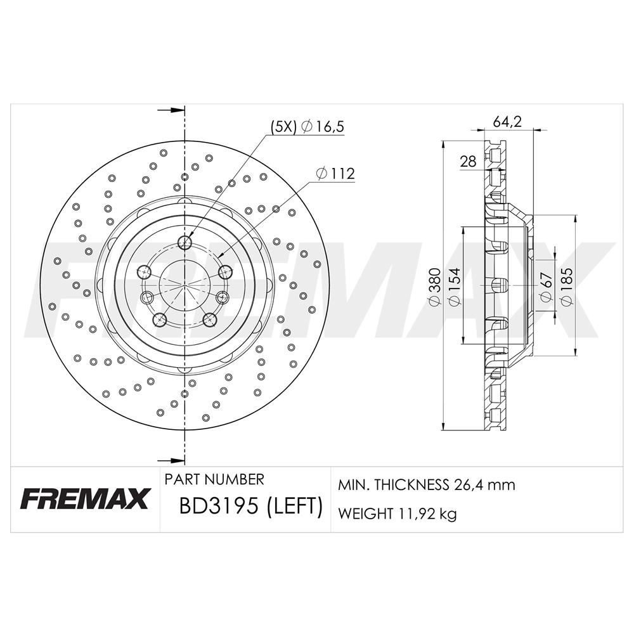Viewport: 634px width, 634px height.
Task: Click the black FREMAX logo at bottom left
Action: point(86,498)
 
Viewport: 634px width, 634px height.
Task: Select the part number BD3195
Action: point(218,505)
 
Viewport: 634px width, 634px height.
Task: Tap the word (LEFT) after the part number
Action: point(294,505)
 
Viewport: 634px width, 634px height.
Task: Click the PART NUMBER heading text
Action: point(214,479)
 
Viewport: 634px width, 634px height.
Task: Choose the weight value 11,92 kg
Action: point(428,514)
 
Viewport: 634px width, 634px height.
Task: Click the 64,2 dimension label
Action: point(507,121)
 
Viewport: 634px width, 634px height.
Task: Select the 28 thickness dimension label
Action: point(468,162)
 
